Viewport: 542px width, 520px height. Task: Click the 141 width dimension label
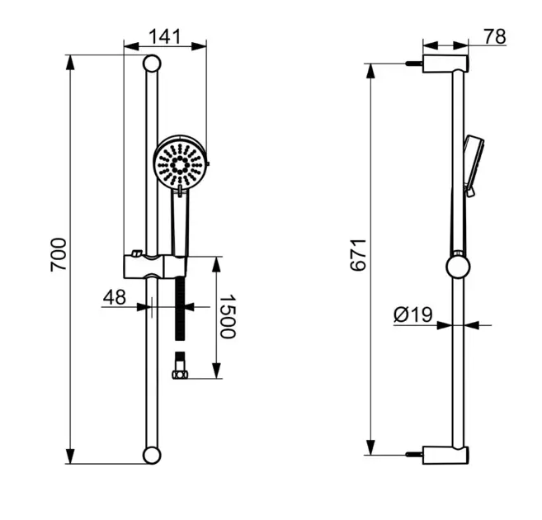(x=165, y=36)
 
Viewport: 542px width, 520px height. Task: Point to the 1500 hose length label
(x=227, y=316)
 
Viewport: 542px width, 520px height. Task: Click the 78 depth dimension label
(x=494, y=36)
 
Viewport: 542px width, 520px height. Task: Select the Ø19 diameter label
(x=413, y=314)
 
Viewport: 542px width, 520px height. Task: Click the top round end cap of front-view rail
(x=152, y=64)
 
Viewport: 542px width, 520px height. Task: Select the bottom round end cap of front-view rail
(x=152, y=454)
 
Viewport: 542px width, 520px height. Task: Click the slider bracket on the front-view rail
(x=154, y=266)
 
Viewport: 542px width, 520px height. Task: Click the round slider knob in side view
(x=458, y=266)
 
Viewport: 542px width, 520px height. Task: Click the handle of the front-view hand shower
(x=179, y=223)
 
